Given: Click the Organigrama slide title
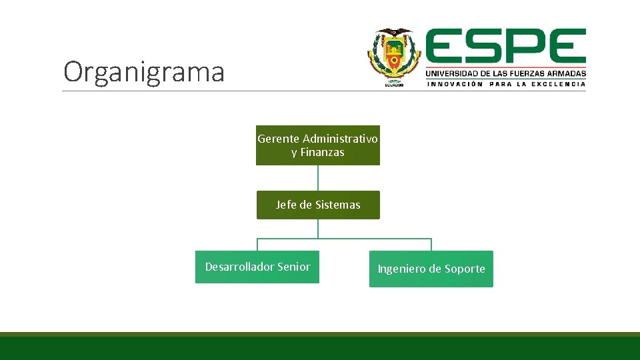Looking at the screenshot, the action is coord(144,72).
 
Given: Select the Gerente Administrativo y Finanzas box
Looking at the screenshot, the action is coord(318,145).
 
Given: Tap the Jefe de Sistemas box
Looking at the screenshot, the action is coord(318,205).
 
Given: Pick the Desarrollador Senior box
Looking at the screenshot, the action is coord(257,267).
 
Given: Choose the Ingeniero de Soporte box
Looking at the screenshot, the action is coord(431,269).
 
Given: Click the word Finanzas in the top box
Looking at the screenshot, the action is coord(322,153).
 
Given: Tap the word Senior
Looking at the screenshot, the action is coord(293,267).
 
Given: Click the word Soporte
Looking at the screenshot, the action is coord(465,269).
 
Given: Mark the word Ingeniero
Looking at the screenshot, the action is coord(401,269).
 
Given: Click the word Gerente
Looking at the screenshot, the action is coord(278,139).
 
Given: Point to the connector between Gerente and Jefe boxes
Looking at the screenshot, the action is coord(318,178).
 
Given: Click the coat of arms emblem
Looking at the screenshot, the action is coord(394,57).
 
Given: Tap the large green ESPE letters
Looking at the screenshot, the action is coord(505,47).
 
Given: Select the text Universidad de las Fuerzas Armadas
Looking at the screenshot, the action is coord(505,73).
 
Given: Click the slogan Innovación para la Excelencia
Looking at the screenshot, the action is coord(505,84).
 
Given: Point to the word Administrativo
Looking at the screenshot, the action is coord(340,139).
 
